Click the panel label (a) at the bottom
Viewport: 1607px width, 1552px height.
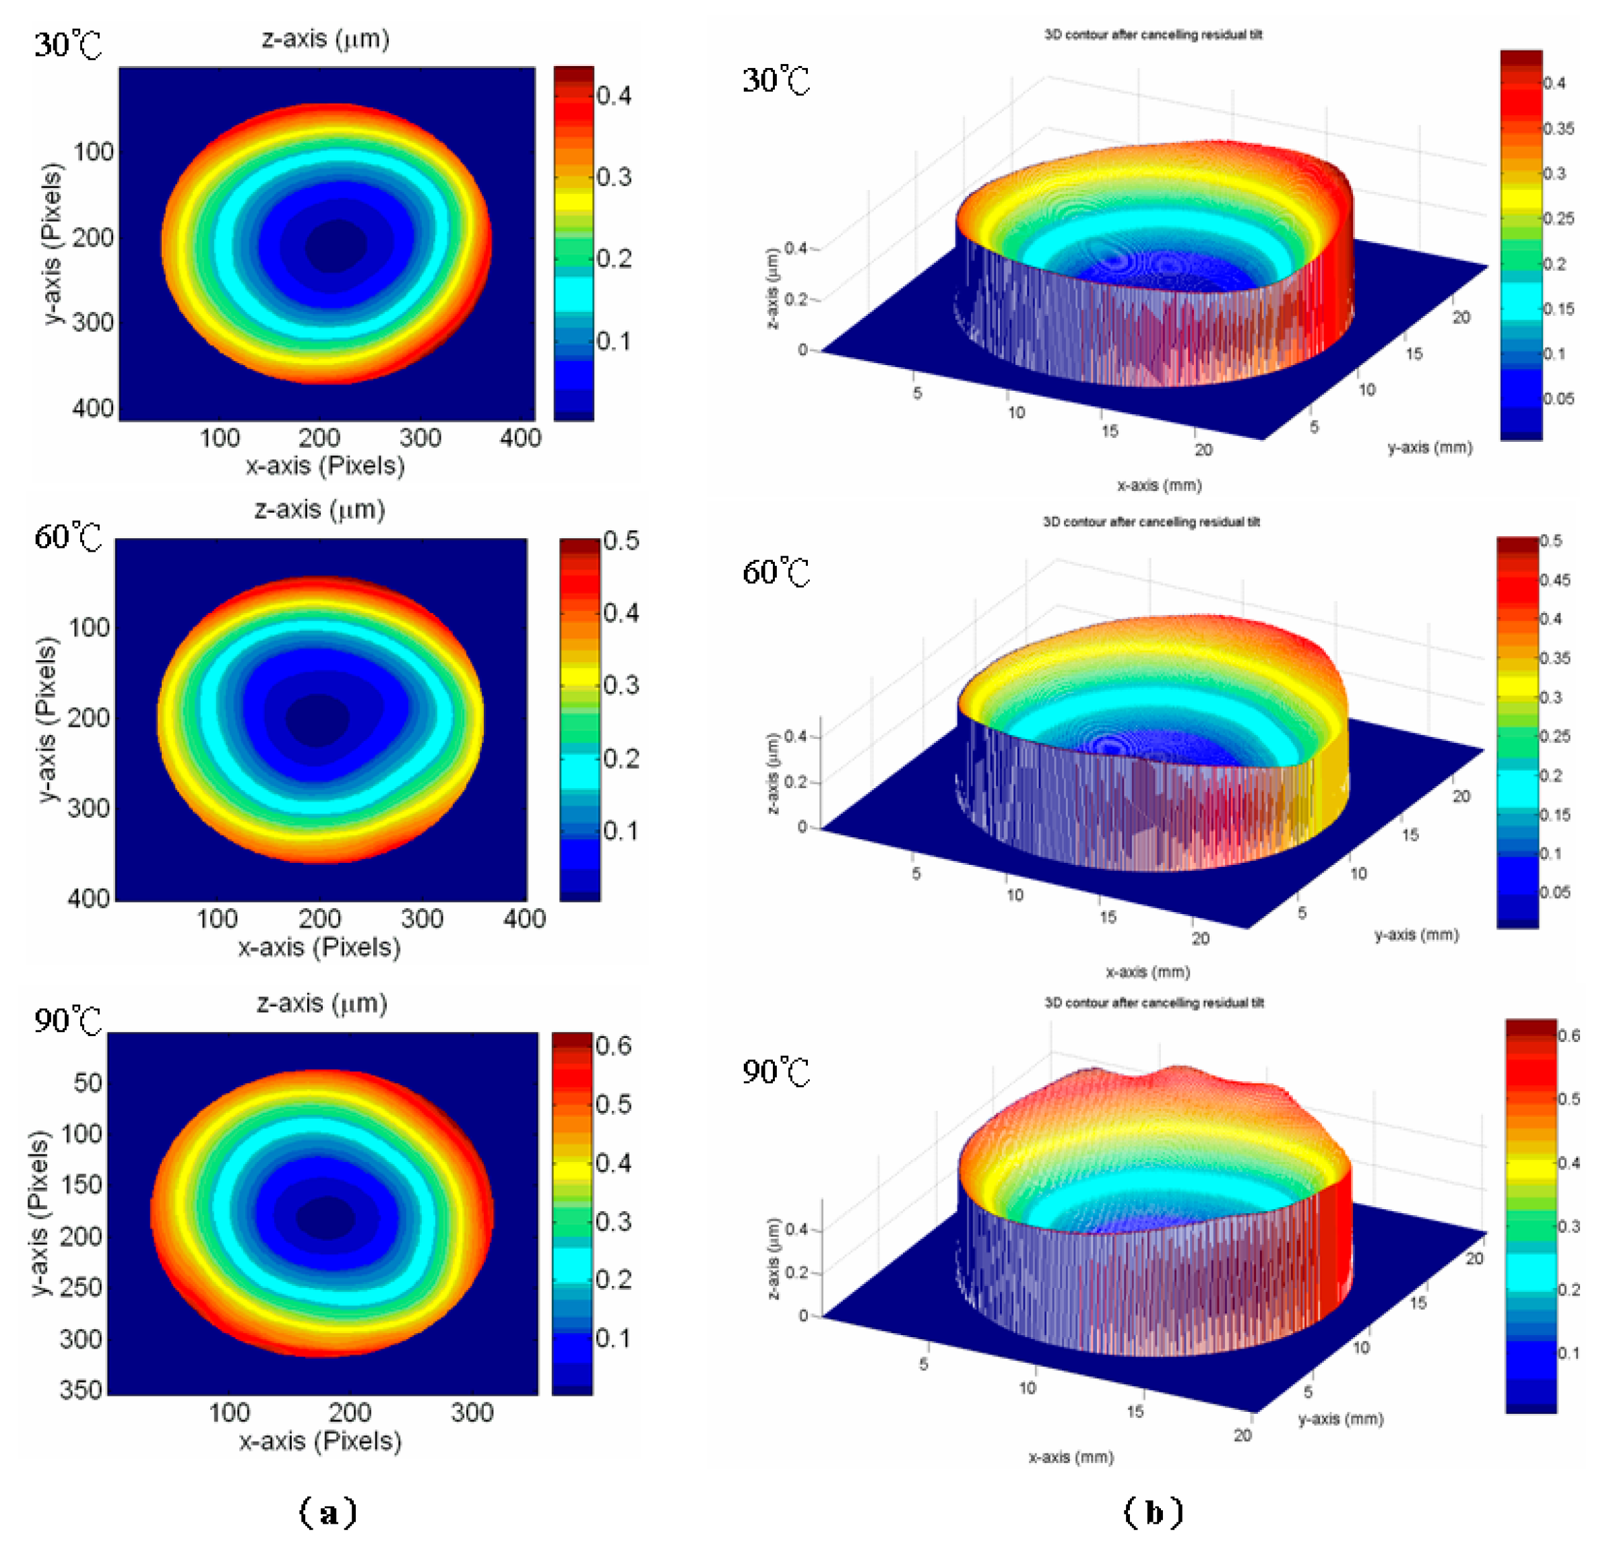coord(329,1511)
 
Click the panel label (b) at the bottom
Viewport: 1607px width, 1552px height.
coord(1154,1511)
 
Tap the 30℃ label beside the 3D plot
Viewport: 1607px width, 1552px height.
coord(776,80)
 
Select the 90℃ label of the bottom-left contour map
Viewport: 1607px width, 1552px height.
coord(68,1021)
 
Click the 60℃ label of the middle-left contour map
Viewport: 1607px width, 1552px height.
coord(68,537)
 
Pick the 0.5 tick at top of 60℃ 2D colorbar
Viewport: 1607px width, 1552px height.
coord(621,541)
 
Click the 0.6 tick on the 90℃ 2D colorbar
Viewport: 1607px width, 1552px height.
coord(613,1045)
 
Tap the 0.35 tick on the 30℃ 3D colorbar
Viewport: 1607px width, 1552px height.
coord(1558,129)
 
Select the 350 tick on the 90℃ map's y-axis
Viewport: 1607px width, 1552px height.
coord(81,1390)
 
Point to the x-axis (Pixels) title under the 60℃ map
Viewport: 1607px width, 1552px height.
coord(319,947)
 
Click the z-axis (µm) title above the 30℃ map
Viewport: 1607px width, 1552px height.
coord(325,38)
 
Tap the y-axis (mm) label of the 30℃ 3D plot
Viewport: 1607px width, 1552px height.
coord(1429,448)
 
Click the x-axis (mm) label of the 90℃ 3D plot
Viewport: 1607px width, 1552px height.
coord(1071,1457)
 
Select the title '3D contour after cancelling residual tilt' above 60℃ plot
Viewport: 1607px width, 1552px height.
coord(1151,521)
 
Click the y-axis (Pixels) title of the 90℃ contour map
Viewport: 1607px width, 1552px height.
coord(39,1213)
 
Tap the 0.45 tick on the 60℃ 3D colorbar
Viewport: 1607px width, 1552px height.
coord(1554,581)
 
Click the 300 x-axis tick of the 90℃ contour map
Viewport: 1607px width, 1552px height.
coord(472,1412)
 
